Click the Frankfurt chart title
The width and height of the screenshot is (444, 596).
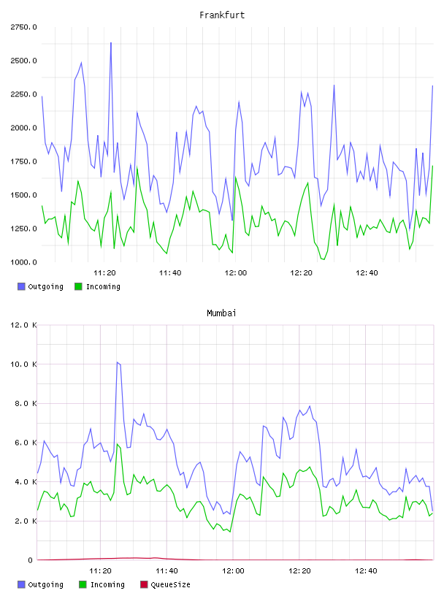222,15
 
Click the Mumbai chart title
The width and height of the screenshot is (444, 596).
221,313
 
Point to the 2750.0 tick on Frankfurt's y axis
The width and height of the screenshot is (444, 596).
23,27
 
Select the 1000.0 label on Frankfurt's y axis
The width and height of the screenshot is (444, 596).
23,262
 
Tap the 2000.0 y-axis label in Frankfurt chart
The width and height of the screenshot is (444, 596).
23,128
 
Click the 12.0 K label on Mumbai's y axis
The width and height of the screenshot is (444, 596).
23,325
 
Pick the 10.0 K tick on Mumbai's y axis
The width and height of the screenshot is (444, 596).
23,364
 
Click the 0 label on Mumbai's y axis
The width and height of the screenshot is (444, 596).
30,560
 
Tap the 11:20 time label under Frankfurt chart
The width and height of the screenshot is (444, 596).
104,273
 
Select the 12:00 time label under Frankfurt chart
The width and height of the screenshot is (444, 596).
236,273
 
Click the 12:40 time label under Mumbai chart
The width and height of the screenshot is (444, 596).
366,571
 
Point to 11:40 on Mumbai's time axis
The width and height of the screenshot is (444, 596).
166,571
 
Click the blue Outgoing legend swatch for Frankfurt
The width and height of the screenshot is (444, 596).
21,286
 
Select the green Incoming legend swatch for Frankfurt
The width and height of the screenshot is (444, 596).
78,286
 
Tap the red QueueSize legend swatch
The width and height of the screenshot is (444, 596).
144,584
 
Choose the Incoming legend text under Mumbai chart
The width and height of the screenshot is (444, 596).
107,584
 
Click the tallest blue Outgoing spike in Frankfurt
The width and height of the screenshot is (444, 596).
110,43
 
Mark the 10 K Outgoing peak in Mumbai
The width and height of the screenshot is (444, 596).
118,362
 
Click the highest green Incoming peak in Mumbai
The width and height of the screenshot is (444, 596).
118,444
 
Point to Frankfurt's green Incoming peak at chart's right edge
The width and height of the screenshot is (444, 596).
432,166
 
